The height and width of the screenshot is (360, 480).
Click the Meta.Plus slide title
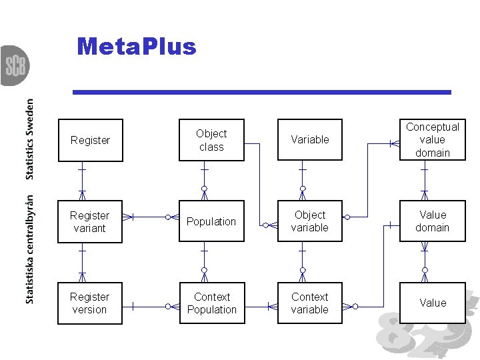(137, 47)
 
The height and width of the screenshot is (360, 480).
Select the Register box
(90, 140)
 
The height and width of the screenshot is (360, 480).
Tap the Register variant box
(90, 221)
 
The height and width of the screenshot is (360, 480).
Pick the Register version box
(90, 303)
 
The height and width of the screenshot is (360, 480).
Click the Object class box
(211, 140)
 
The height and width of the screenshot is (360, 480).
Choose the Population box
(211, 221)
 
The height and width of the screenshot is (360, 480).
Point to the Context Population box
(211, 303)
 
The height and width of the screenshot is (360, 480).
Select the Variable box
(309, 140)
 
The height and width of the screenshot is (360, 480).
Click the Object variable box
(309, 221)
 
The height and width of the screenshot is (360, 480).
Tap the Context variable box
(309, 303)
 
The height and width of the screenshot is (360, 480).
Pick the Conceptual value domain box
(432, 140)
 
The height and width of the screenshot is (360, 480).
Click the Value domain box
(432, 221)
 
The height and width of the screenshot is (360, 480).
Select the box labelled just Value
(432, 303)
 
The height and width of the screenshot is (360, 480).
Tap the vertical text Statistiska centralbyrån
(31, 250)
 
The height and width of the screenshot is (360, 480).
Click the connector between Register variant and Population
(151, 217)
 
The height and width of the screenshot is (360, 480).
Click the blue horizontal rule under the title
(261, 92)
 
